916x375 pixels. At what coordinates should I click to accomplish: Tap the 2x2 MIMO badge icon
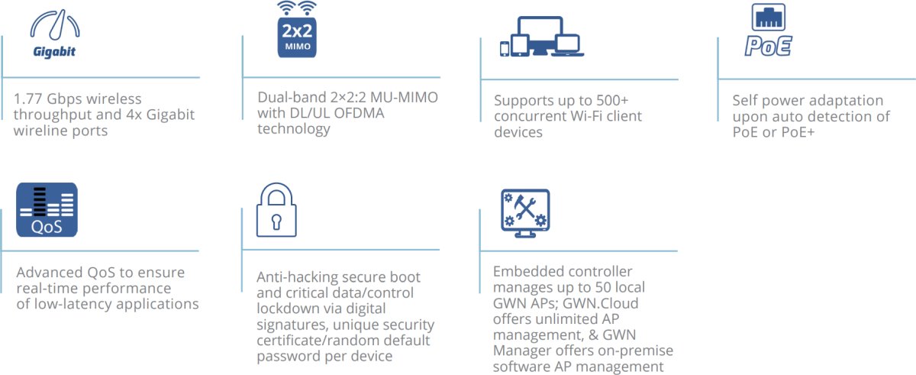[296, 31]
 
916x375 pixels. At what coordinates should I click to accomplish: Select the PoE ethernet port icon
[768, 31]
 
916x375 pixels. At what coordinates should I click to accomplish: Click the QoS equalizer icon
[47, 209]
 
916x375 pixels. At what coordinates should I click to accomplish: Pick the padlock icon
[276, 211]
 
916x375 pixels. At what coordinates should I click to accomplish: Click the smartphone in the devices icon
[504, 48]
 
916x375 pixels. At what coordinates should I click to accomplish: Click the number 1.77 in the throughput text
[30, 99]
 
